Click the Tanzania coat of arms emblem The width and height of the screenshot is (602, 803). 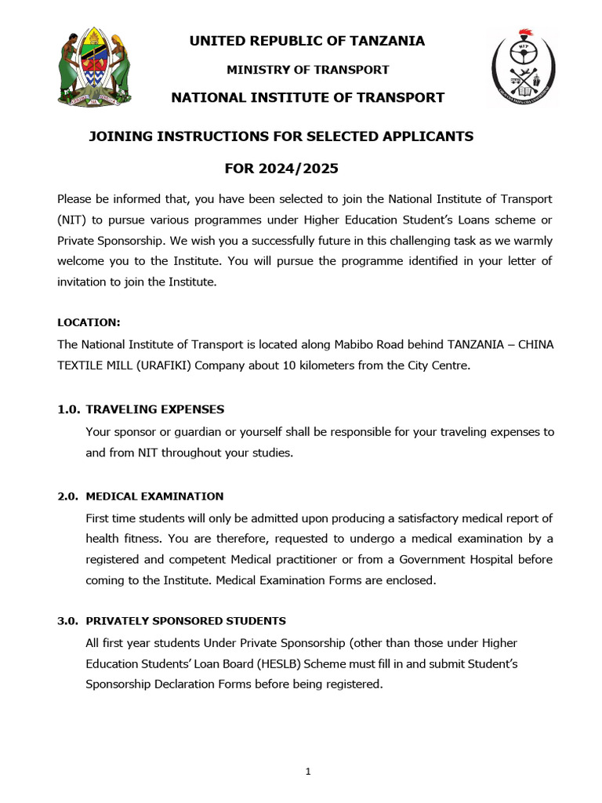click(95, 69)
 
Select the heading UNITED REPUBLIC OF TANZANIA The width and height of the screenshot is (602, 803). click(307, 41)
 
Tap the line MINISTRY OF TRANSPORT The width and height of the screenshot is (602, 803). click(307, 70)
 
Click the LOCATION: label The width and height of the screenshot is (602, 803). click(89, 322)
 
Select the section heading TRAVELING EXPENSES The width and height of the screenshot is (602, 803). click(155, 409)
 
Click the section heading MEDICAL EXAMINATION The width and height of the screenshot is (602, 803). click(154, 496)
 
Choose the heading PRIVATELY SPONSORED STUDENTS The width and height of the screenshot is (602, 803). click(186, 621)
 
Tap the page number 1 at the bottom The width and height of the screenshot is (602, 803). click(308, 772)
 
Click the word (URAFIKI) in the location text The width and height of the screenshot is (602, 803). click(136, 365)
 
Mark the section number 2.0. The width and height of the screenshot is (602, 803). click(67, 496)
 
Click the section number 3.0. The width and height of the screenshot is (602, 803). click(67, 621)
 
